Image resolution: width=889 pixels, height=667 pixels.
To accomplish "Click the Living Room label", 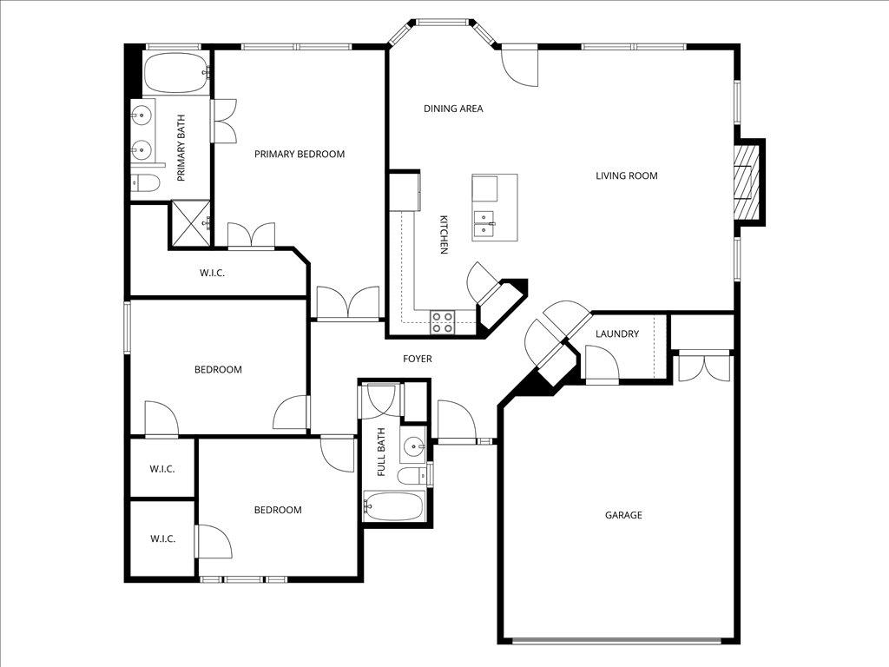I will click(x=626, y=175).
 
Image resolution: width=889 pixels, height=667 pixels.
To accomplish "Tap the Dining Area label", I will click(x=453, y=109).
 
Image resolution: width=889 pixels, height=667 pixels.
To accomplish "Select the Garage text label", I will click(x=623, y=515).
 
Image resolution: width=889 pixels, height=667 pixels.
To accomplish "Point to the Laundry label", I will click(x=617, y=333).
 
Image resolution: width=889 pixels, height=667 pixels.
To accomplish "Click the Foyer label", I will click(x=417, y=359).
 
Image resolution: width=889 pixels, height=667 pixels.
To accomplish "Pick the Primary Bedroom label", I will click(x=300, y=154).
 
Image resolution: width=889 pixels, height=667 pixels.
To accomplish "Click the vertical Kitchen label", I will click(x=444, y=234).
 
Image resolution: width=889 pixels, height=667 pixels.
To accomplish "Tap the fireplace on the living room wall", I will click(x=748, y=182).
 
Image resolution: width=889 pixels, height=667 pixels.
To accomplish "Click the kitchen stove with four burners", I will click(x=443, y=321).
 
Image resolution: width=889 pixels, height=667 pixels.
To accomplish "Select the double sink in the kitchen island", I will click(x=484, y=224).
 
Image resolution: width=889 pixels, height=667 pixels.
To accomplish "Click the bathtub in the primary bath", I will click(x=176, y=75).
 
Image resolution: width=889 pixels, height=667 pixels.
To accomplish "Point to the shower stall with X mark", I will click(x=190, y=222).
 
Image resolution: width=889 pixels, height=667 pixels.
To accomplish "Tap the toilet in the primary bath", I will click(x=145, y=182).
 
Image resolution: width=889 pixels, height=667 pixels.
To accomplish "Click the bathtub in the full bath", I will click(x=394, y=505).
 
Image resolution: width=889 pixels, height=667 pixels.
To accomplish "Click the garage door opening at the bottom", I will click(x=616, y=642).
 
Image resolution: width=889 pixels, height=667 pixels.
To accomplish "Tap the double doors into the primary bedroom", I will click(x=347, y=304).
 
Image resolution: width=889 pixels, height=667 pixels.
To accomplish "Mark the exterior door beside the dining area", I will click(x=520, y=65).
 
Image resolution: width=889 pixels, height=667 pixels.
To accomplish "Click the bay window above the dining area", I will click(x=443, y=23).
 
